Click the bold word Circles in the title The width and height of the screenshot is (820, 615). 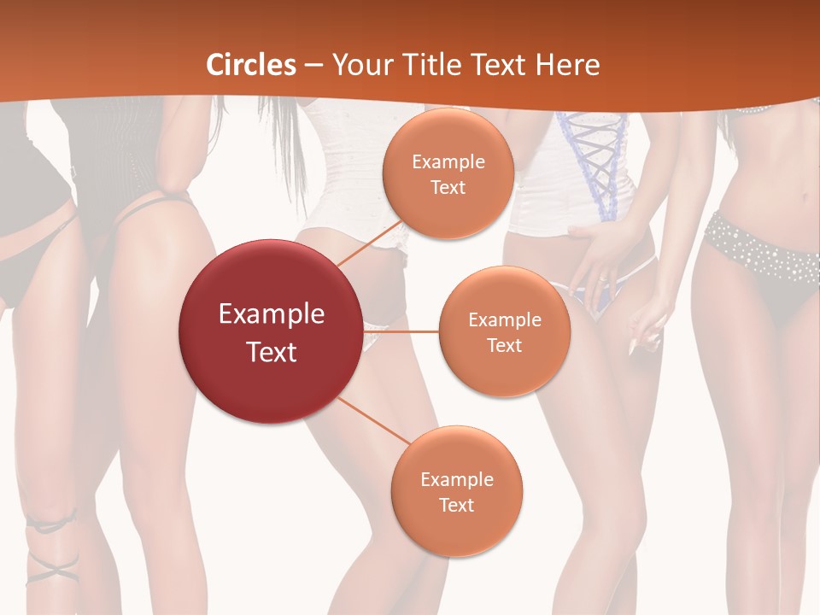(251, 65)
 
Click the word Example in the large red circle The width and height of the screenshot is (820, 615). (271, 314)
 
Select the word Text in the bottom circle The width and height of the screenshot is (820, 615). (456, 505)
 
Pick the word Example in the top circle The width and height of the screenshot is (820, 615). (448, 162)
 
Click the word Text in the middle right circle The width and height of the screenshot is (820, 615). (504, 346)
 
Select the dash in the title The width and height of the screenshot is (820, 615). (313, 65)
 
